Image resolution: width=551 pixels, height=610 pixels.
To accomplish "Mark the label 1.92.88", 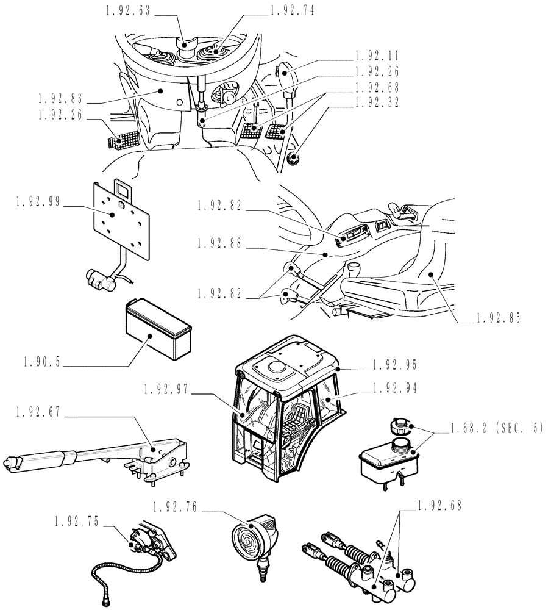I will [x=219, y=243].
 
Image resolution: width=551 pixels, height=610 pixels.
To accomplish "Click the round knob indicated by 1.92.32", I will [x=294, y=160].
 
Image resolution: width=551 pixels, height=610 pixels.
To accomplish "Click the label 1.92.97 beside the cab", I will [x=168, y=388].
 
